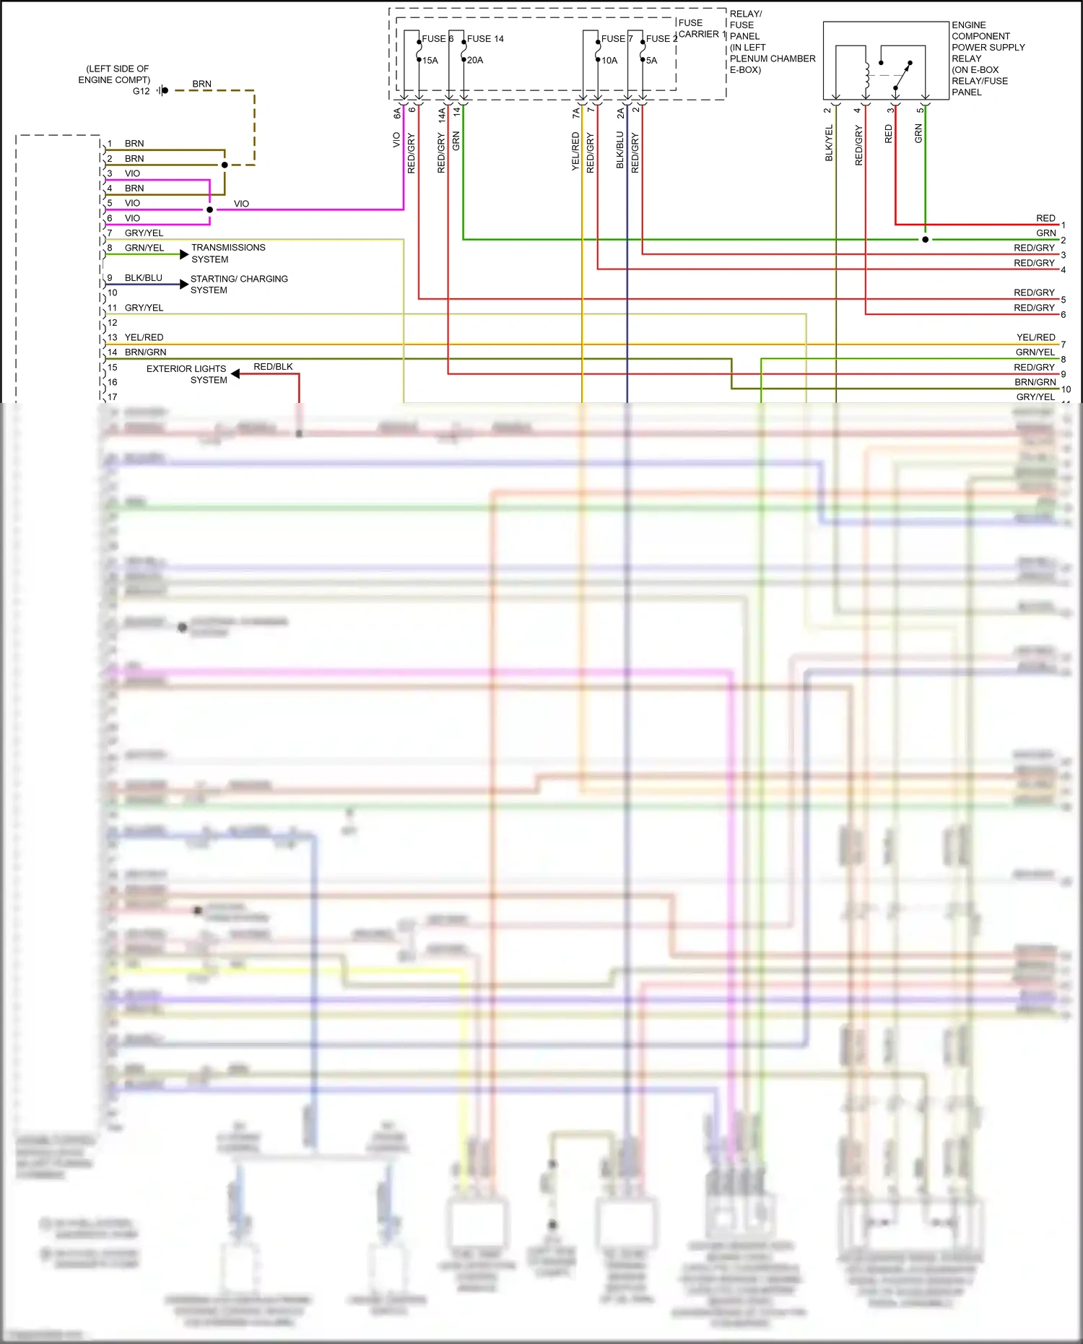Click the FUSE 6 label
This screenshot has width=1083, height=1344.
(x=437, y=39)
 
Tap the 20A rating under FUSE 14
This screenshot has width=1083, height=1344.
(x=475, y=60)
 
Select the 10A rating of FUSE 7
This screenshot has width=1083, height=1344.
(x=610, y=61)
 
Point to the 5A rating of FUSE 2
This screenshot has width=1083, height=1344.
(x=652, y=61)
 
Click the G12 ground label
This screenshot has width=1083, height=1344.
(x=141, y=91)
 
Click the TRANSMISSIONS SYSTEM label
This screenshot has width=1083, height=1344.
(x=227, y=253)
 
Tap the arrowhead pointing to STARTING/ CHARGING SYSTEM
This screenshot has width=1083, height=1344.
(x=184, y=285)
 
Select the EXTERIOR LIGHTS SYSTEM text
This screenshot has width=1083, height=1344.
(x=187, y=374)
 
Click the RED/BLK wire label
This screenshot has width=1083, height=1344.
(x=273, y=367)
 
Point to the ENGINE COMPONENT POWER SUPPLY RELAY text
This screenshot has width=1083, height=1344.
(x=987, y=58)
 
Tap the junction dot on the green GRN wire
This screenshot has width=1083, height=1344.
(x=925, y=240)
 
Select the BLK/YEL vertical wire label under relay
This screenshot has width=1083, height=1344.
(x=829, y=143)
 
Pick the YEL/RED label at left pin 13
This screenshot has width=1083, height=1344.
(x=144, y=337)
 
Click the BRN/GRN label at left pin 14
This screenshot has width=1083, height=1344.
(x=145, y=352)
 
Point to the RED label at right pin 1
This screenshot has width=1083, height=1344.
(x=1045, y=218)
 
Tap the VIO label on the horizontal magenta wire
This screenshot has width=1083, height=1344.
(x=241, y=204)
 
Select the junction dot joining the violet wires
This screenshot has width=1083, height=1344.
(x=209, y=210)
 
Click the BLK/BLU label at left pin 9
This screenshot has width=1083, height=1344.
(x=143, y=278)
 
